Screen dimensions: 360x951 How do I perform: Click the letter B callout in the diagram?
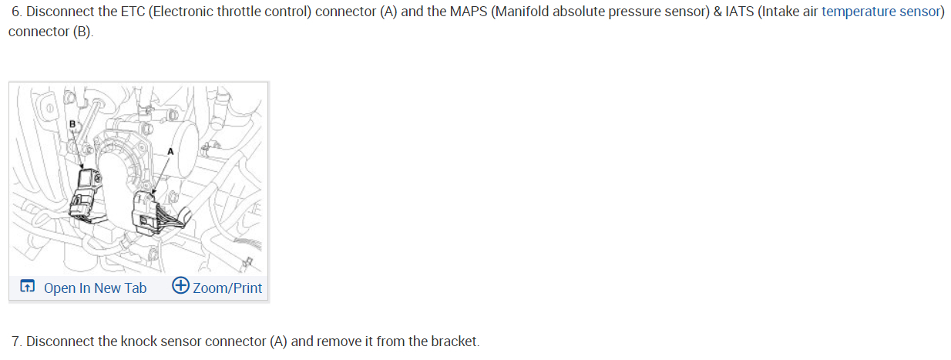[73, 123]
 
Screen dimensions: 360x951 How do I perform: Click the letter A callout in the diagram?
[171, 152]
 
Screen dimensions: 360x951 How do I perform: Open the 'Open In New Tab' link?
[95, 288]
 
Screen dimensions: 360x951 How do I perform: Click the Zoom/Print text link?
[227, 288]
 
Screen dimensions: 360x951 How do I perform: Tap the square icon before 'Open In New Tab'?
[27, 287]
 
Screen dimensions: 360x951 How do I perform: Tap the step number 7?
[16, 341]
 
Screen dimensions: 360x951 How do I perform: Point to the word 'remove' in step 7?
[340, 341]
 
